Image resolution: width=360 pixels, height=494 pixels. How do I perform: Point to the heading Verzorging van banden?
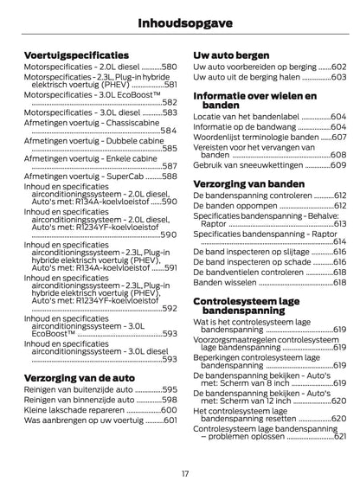click(x=257, y=183)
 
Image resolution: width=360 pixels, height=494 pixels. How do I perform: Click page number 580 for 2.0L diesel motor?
click(x=169, y=67)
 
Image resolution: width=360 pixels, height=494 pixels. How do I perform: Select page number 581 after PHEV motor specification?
click(x=170, y=85)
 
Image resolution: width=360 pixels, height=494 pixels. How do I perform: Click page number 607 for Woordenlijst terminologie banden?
click(x=338, y=137)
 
